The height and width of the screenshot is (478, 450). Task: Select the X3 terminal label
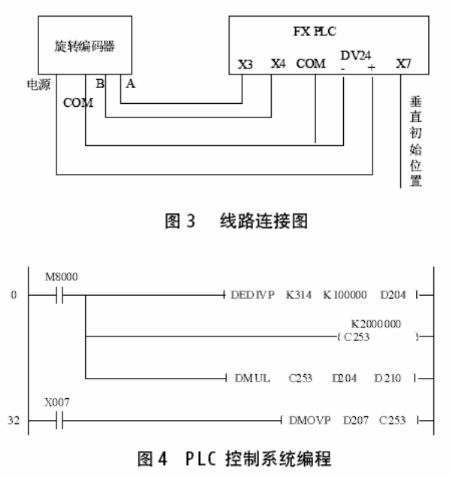(245, 64)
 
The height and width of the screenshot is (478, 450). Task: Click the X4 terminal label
(278, 64)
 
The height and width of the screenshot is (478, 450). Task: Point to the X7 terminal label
(404, 64)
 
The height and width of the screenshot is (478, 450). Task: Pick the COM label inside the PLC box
(312, 64)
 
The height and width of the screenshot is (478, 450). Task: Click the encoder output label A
(130, 84)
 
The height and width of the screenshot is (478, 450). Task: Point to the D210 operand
(391, 378)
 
